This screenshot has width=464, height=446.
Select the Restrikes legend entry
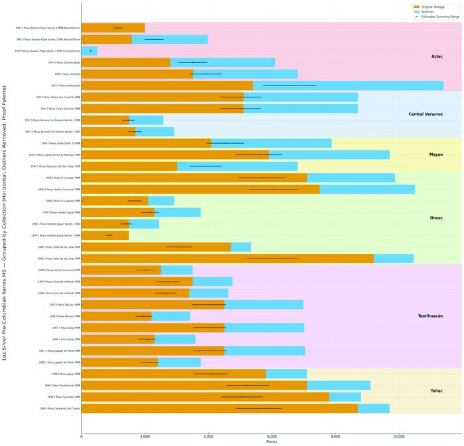tap(430, 11)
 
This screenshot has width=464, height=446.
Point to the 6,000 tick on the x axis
tap(272, 437)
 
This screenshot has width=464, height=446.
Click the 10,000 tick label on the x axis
tap(399, 437)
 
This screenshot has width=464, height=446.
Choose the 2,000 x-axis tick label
tap(145, 437)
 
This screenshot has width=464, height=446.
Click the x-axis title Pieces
tap(272, 442)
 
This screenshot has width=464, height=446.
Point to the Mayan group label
tap(437, 154)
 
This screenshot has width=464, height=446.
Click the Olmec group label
tap(437, 218)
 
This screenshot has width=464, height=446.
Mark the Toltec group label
tap(437, 390)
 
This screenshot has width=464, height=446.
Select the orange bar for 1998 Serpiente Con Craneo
tap(219, 408)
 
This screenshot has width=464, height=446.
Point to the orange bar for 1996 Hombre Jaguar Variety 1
tap(105, 235)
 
